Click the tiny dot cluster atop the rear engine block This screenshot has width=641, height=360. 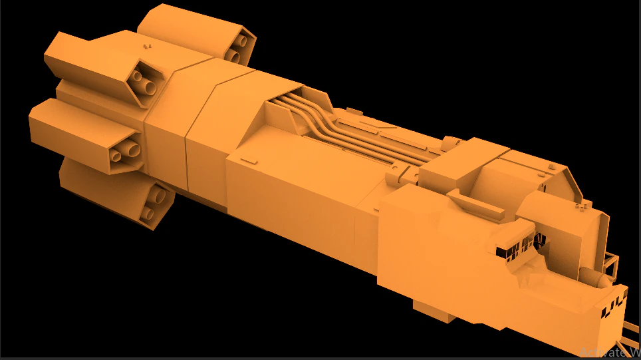coord(148,47)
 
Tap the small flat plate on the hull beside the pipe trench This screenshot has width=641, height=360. coord(248,160)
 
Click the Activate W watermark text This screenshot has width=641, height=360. coord(608,352)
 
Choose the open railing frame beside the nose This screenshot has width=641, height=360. coord(612,267)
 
